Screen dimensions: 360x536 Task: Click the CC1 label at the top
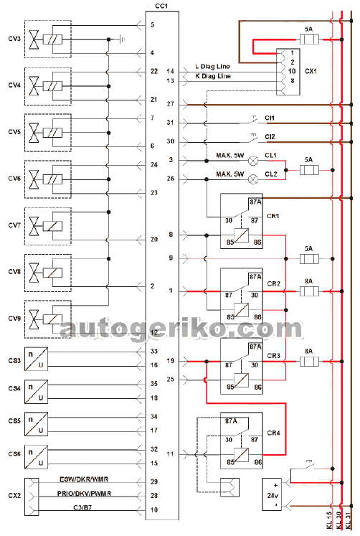point(161,6)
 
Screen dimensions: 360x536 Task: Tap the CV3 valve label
point(14,39)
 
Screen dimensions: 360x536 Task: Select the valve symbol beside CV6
point(34,179)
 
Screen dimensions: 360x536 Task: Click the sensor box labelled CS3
point(36,359)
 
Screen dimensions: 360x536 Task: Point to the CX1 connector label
point(311,71)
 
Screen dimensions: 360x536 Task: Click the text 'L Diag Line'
point(212,66)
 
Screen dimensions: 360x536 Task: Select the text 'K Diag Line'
point(213,76)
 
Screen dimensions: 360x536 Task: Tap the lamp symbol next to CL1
point(253,161)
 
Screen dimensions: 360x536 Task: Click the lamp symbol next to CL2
point(253,179)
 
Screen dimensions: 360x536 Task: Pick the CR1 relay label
point(273,216)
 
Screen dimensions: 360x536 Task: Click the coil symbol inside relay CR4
point(242,455)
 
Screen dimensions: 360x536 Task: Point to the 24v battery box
point(272,494)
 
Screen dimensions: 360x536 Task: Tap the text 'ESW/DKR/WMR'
point(84,479)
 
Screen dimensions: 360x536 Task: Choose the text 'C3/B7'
point(82,507)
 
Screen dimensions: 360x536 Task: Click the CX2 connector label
point(14,495)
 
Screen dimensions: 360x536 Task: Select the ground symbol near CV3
point(123,39)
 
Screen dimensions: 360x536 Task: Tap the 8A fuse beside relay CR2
point(309,291)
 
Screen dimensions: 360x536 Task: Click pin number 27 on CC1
point(171,104)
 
